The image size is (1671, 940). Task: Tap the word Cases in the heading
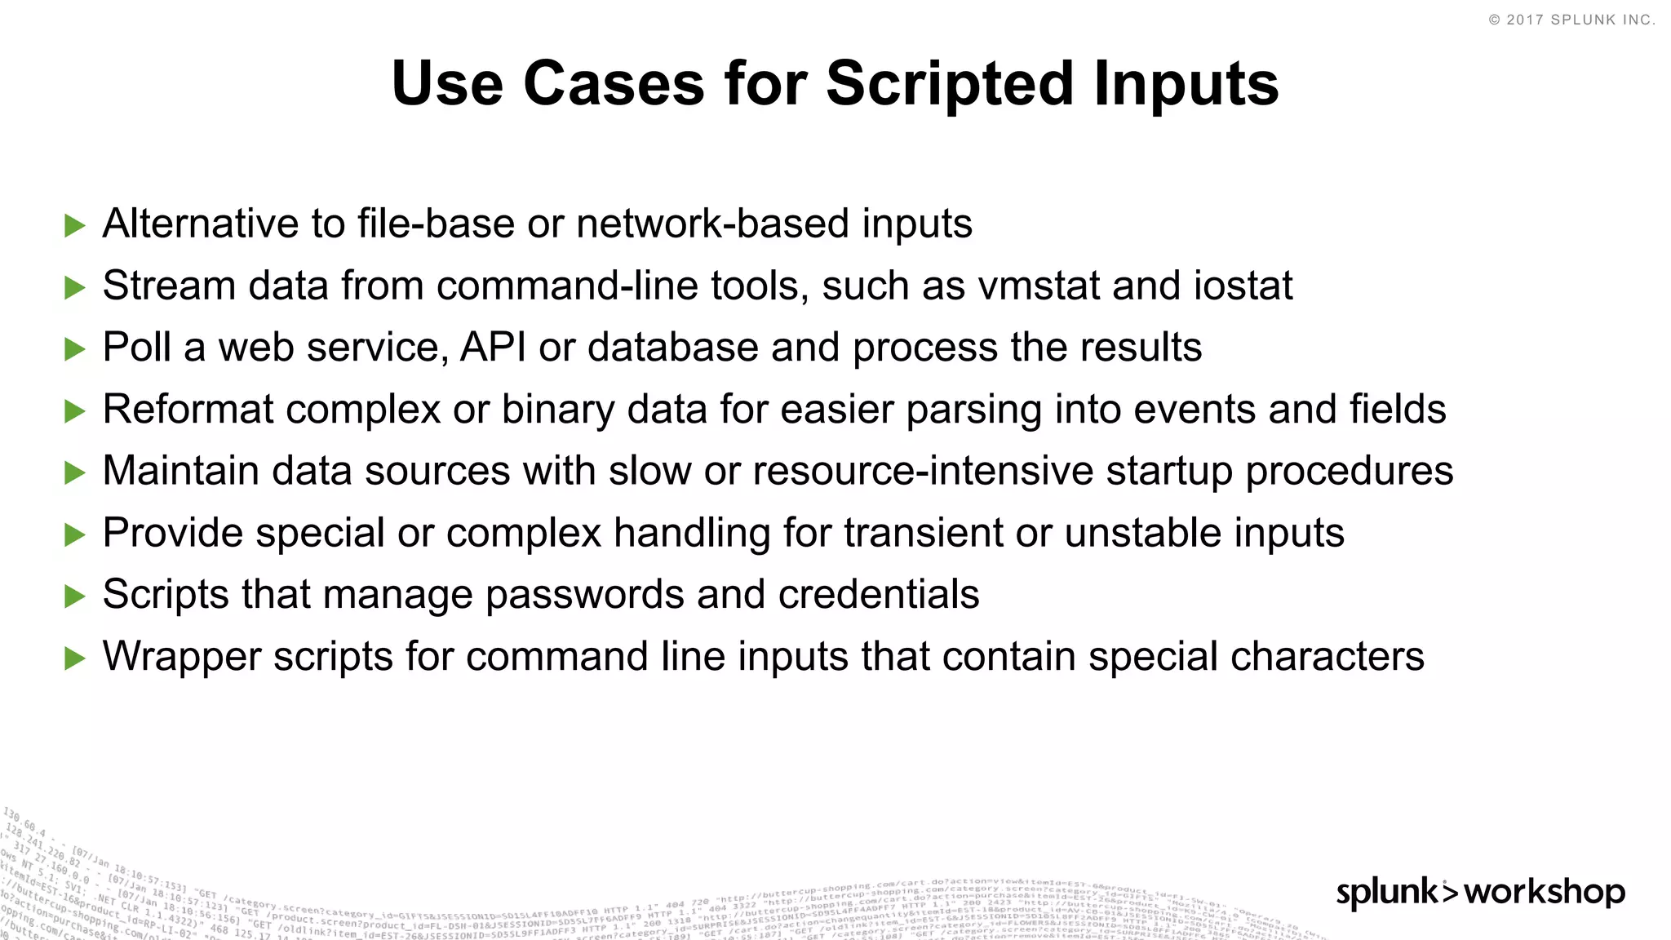coord(614,84)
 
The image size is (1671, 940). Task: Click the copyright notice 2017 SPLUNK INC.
coord(1572,20)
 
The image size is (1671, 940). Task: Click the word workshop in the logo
coord(1545,892)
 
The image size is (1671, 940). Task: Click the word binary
coord(557,410)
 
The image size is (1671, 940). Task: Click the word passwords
coord(585,595)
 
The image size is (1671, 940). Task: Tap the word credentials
coord(879,595)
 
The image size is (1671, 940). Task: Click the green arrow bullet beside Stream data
coord(75,287)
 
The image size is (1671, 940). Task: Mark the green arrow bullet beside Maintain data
coord(75,472)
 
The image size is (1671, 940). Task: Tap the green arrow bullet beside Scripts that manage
coord(75,596)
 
